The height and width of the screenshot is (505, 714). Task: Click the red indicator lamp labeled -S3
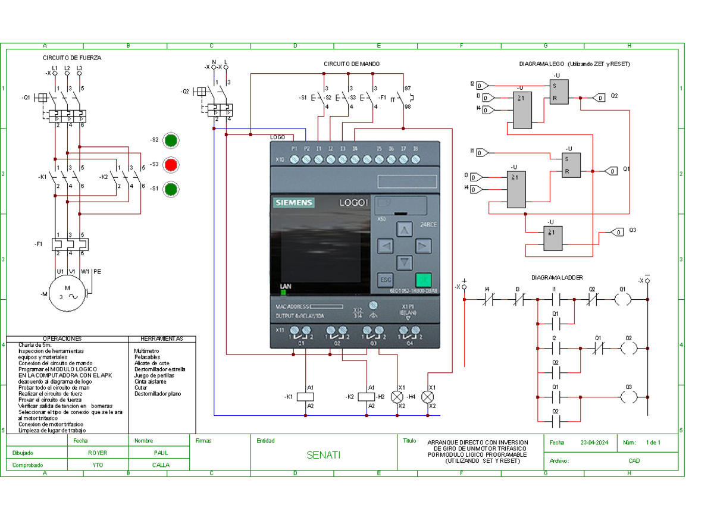(171, 164)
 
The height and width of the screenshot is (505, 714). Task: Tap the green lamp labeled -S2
(171, 140)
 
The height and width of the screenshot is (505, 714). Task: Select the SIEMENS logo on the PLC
(293, 203)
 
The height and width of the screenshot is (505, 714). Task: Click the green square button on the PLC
(423, 280)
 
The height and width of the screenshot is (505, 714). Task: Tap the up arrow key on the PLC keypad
(405, 230)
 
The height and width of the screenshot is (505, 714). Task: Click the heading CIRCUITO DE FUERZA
(71, 58)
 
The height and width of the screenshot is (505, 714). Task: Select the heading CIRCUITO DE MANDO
(352, 64)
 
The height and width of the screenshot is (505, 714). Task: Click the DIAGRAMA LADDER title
(557, 278)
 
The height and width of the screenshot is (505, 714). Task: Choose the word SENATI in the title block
(323, 456)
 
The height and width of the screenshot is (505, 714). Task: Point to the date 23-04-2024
(595, 443)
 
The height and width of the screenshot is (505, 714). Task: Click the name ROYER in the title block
(98, 453)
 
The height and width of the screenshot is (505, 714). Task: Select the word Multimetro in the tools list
(146, 351)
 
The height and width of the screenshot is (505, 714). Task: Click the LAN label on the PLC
(286, 287)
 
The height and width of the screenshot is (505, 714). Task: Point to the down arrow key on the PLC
(405, 261)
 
